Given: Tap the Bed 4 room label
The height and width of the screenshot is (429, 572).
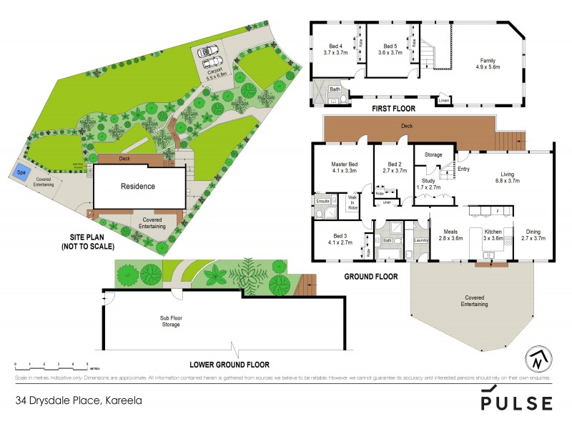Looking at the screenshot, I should tap(335, 49).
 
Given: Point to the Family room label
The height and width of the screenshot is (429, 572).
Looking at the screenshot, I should tap(488, 61).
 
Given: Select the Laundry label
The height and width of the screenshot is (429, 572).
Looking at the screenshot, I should tap(420, 240).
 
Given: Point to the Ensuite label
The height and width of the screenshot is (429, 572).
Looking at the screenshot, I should tap(322, 201).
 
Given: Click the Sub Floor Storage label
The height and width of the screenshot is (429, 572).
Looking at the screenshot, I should tap(170, 320).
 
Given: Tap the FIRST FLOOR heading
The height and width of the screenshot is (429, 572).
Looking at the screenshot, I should tap(393, 109).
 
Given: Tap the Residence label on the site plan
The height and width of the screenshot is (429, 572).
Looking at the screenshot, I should tap(137, 186).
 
